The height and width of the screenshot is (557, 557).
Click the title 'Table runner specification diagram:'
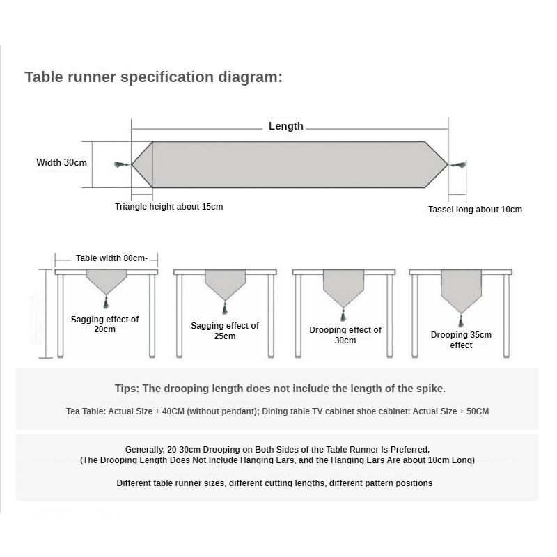click(x=154, y=77)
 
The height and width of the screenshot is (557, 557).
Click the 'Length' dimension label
click(x=286, y=126)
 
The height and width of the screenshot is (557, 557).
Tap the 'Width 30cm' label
click(x=61, y=162)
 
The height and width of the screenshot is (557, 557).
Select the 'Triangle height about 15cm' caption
click(x=169, y=207)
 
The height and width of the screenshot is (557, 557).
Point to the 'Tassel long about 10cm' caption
click(x=475, y=210)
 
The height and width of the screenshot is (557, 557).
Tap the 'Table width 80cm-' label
click(x=111, y=258)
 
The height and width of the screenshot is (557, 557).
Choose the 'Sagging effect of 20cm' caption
click(x=105, y=324)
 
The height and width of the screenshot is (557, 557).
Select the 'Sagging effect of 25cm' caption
click(x=225, y=331)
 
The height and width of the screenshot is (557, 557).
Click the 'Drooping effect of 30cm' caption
click(x=345, y=335)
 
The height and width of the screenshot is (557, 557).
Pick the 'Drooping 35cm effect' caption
click(x=461, y=340)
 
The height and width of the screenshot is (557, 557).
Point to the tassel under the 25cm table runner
click(x=224, y=308)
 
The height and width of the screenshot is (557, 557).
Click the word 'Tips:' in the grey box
click(x=128, y=389)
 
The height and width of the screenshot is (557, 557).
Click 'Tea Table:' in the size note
click(x=86, y=411)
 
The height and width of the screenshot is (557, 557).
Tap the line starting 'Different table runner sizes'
click(x=274, y=483)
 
